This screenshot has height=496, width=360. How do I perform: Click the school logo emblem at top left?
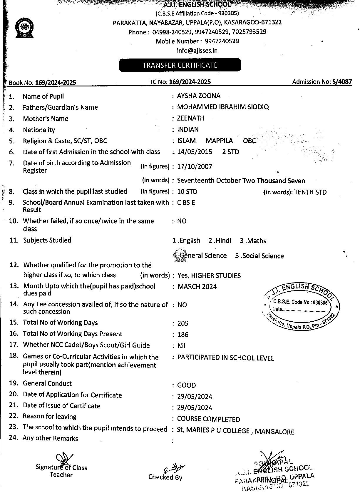[x=24, y=28]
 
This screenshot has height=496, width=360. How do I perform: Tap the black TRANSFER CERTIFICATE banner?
[x=180, y=65]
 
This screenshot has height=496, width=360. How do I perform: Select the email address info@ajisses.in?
[x=197, y=51]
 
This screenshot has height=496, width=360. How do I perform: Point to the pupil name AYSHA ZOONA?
[x=199, y=96]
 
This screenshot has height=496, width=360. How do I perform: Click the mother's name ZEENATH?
[x=191, y=118]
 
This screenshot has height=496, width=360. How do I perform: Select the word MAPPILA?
[x=219, y=141]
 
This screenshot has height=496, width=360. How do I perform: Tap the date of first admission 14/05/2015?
[x=195, y=152]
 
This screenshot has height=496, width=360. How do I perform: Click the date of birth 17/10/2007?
[x=195, y=166]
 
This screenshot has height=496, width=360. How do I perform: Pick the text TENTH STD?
[x=310, y=192]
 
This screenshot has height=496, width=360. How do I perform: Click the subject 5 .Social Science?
[x=259, y=256]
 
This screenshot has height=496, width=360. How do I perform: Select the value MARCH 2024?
[x=197, y=287]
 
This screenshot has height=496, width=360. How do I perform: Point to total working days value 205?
[x=183, y=323]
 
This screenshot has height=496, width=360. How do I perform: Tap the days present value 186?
[x=183, y=335]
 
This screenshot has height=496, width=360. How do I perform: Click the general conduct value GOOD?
[x=186, y=385]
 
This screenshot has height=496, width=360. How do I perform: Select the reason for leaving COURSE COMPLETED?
[x=208, y=419]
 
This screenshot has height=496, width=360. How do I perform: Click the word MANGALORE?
[x=274, y=432]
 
